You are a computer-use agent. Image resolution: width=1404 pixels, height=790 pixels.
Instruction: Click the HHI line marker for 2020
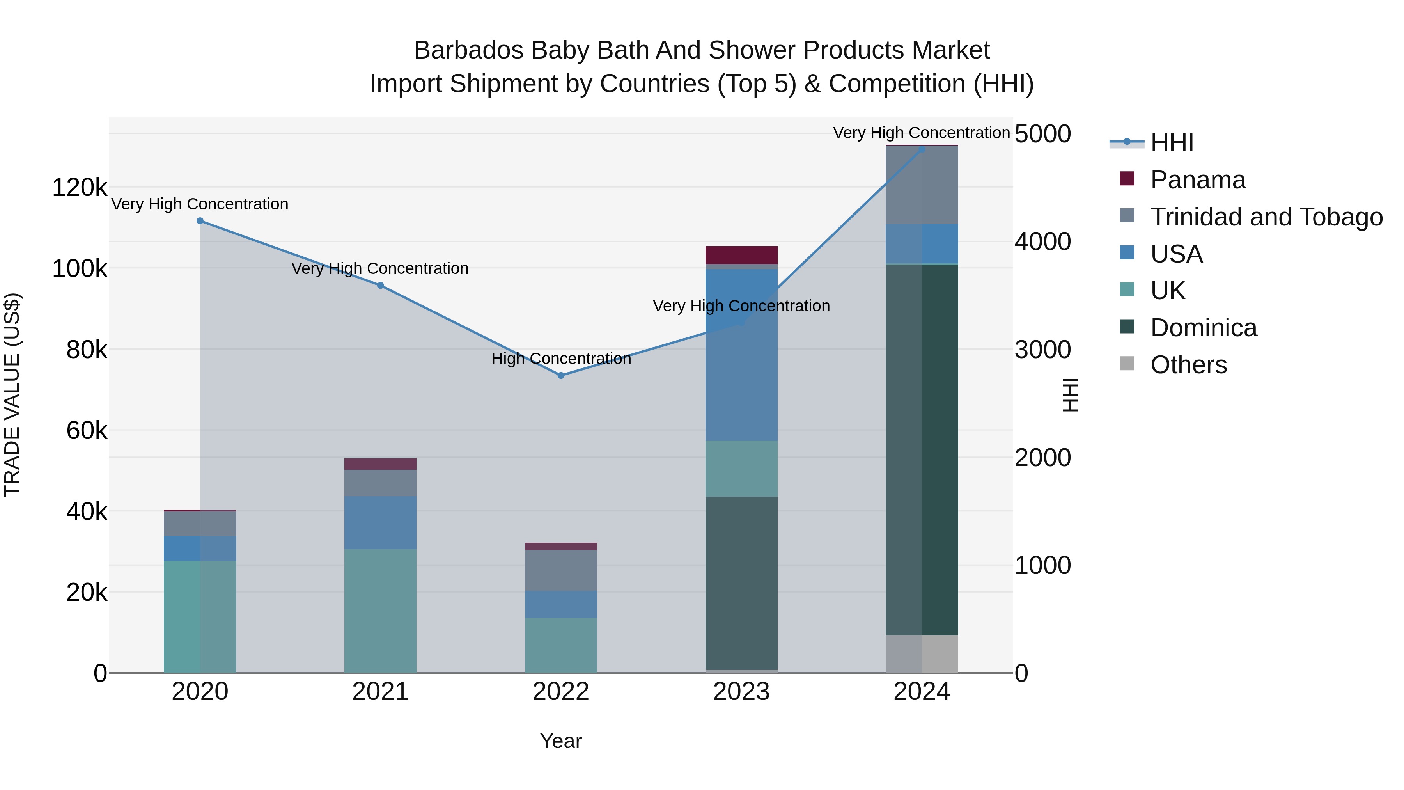click(x=200, y=221)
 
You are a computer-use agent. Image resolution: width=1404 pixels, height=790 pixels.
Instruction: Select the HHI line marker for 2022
click(x=561, y=376)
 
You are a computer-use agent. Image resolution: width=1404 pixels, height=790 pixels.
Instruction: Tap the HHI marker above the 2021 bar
click(x=380, y=286)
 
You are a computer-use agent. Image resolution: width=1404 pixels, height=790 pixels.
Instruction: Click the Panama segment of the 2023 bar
click(x=741, y=255)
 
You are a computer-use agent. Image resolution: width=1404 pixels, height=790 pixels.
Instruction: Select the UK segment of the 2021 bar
click(x=380, y=611)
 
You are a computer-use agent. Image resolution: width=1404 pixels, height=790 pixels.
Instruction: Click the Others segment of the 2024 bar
click(x=922, y=654)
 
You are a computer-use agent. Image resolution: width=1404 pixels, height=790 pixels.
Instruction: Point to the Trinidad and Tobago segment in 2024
click(x=922, y=185)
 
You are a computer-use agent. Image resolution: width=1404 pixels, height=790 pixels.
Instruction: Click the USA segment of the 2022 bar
click(x=561, y=604)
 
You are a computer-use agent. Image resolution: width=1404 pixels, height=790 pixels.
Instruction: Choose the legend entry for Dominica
click(x=1204, y=328)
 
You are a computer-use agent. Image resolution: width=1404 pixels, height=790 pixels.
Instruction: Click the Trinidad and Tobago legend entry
click(x=1266, y=217)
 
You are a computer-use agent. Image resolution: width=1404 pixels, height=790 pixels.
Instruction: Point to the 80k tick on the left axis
click(x=86, y=350)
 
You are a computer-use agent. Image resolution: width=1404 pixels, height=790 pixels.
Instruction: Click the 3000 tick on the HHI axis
click(x=1042, y=350)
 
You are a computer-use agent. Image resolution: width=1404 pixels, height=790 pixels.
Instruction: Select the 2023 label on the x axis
click(x=741, y=692)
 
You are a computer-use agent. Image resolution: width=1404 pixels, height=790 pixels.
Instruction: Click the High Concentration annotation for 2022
click(x=561, y=359)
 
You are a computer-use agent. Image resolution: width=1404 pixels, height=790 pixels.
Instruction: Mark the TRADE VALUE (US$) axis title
click(x=12, y=395)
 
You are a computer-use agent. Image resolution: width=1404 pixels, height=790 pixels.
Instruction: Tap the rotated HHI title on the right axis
click(x=1071, y=395)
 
